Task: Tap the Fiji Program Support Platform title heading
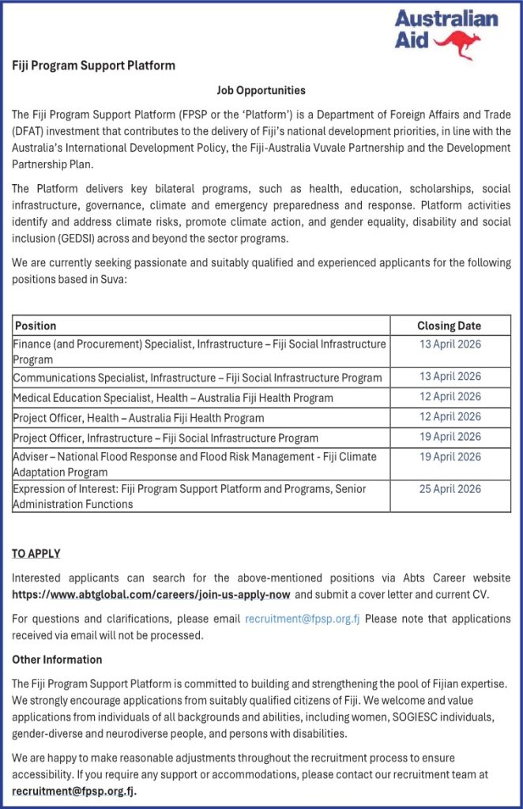point(93,65)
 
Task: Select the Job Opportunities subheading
point(261,91)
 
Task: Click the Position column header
point(36,325)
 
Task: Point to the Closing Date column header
point(449,325)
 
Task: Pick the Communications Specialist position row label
point(197,378)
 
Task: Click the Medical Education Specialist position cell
point(173,397)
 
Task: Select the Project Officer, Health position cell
point(138,417)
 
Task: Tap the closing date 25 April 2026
point(450,489)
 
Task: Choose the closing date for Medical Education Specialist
point(450,397)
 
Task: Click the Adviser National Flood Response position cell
point(194,464)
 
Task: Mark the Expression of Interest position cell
point(189,496)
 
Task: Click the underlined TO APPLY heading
point(36,553)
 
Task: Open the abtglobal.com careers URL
point(151,594)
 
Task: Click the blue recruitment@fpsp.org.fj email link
point(303,619)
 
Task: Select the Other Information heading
point(57,659)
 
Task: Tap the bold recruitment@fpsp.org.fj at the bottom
point(74,790)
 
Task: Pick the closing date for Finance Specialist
point(450,344)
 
